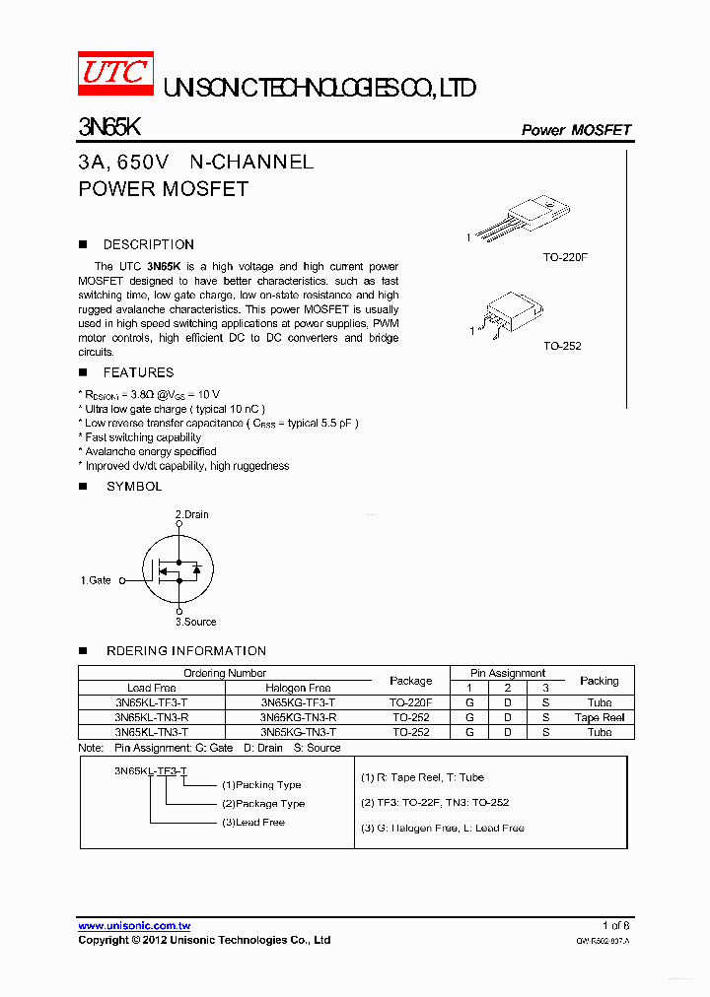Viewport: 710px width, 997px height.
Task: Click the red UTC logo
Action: tap(115, 74)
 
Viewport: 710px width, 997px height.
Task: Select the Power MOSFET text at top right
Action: tap(576, 130)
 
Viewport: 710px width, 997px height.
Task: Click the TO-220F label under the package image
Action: tap(565, 257)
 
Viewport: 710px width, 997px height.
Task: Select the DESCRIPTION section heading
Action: tap(148, 244)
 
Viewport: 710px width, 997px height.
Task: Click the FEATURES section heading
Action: tap(138, 372)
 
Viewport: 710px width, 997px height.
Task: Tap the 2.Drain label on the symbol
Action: tap(192, 514)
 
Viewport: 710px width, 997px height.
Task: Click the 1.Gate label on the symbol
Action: tap(96, 580)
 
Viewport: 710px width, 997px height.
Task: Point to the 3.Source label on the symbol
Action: tap(195, 622)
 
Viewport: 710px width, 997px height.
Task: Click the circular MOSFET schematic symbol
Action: tap(177, 569)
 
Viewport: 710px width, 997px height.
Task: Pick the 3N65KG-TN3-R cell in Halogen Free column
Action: tap(298, 717)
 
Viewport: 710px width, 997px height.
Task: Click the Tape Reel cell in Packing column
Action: tap(600, 717)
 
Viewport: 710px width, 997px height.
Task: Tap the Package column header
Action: tap(410, 681)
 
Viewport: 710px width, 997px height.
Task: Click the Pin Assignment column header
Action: tap(508, 673)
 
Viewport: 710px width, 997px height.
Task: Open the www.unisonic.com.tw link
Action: tap(134, 926)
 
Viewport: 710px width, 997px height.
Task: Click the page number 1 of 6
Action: tap(615, 926)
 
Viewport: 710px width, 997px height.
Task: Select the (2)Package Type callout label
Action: tap(262, 804)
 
